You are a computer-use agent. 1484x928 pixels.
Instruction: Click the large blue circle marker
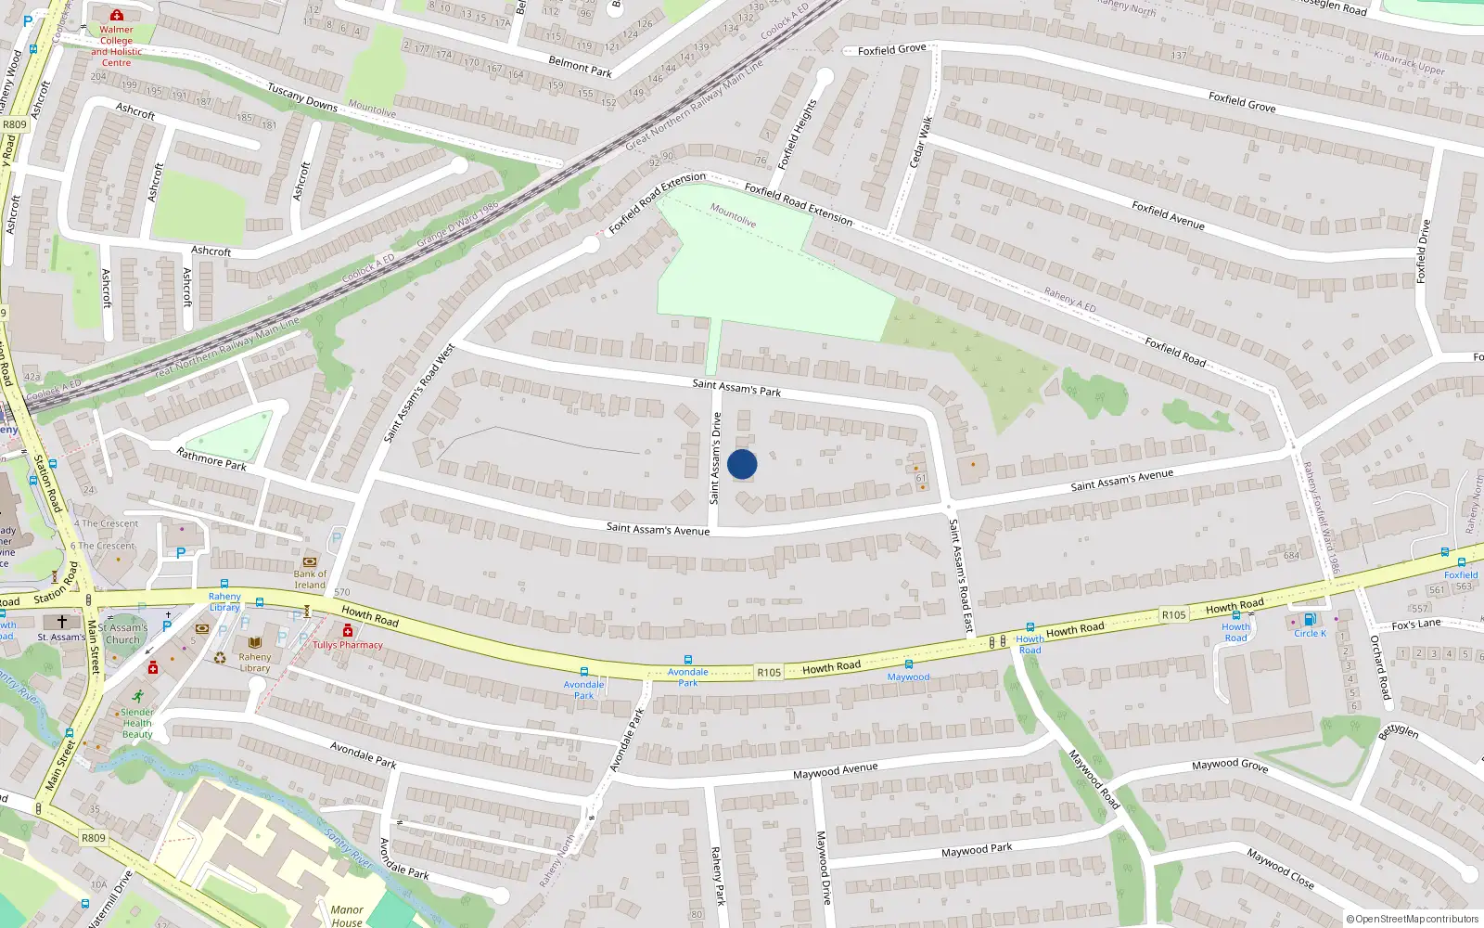click(742, 464)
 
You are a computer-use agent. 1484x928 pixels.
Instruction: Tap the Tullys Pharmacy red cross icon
click(348, 632)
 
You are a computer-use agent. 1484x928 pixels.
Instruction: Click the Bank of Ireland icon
click(310, 561)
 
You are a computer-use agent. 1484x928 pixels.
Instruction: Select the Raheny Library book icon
click(255, 642)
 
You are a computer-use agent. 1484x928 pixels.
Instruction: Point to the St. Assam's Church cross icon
click(62, 622)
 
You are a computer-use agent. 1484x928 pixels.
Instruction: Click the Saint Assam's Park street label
click(736, 387)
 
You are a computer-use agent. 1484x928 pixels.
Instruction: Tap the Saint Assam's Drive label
click(715, 458)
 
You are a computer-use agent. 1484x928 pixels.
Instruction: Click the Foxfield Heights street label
click(798, 134)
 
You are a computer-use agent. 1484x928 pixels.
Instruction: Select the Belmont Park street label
click(580, 66)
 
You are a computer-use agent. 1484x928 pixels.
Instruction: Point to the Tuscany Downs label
click(302, 97)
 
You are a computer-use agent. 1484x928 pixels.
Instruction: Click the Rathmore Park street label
click(211, 458)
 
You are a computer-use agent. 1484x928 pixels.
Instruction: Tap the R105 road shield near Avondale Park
click(769, 673)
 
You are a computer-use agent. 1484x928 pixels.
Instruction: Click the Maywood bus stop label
click(908, 677)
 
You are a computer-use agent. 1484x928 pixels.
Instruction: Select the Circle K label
click(1310, 633)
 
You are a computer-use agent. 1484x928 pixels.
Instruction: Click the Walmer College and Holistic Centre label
click(117, 45)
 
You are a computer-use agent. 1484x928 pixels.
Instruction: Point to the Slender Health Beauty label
click(137, 723)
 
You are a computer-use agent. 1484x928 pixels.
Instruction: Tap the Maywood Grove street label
click(1230, 765)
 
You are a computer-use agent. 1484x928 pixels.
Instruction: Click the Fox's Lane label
click(1416, 624)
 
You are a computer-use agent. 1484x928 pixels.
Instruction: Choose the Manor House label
click(347, 915)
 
